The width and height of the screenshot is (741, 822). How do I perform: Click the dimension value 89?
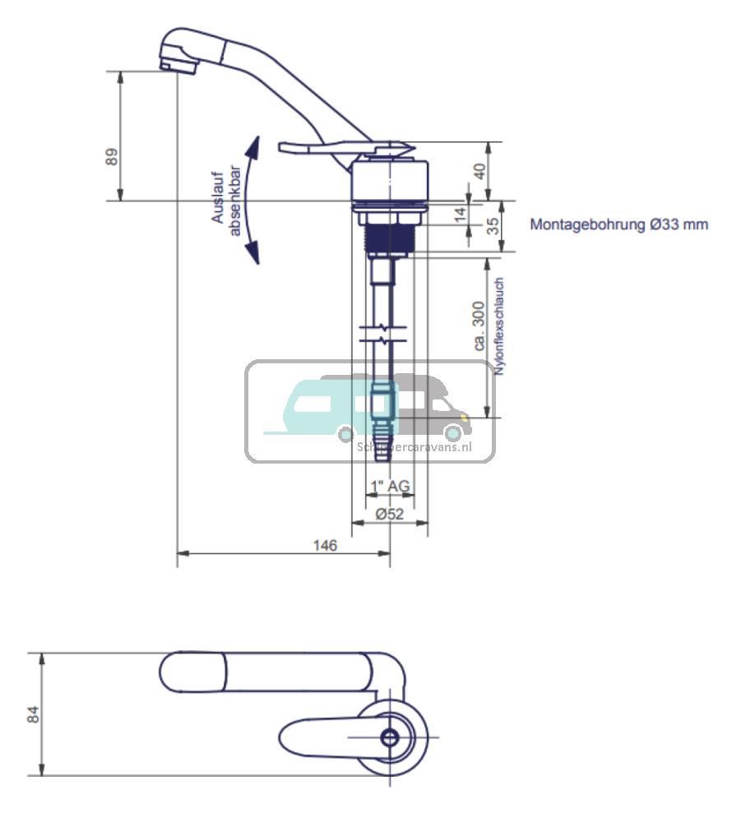(113, 156)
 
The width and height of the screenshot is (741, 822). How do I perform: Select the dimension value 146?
(325, 545)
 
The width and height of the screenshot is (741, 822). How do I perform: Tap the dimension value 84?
(34, 713)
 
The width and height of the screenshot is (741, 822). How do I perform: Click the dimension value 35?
(493, 225)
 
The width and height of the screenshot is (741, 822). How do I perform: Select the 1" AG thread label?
(389, 487)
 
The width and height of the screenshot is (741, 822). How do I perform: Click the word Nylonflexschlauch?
(499, 327)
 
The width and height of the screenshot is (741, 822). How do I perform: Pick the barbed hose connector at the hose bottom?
(383, 436)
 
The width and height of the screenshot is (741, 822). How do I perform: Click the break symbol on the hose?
(382, 335)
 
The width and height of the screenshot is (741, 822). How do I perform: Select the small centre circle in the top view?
(390, 737)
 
